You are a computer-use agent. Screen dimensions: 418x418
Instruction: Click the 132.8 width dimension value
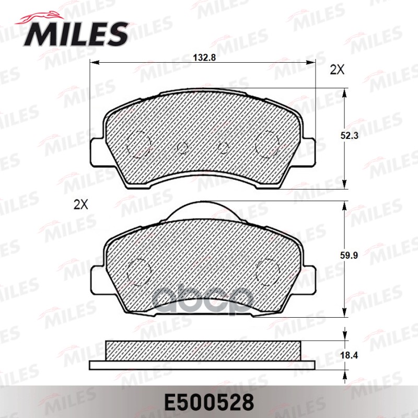204,58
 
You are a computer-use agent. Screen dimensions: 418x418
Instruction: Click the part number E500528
209,402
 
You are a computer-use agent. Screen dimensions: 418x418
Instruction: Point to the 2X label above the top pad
337,70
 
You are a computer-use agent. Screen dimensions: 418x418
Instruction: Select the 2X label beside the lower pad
80,204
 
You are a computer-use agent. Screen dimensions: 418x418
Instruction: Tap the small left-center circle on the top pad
183,148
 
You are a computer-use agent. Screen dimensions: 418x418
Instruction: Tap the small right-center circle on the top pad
223,148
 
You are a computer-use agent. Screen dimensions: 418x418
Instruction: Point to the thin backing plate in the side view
203,364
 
